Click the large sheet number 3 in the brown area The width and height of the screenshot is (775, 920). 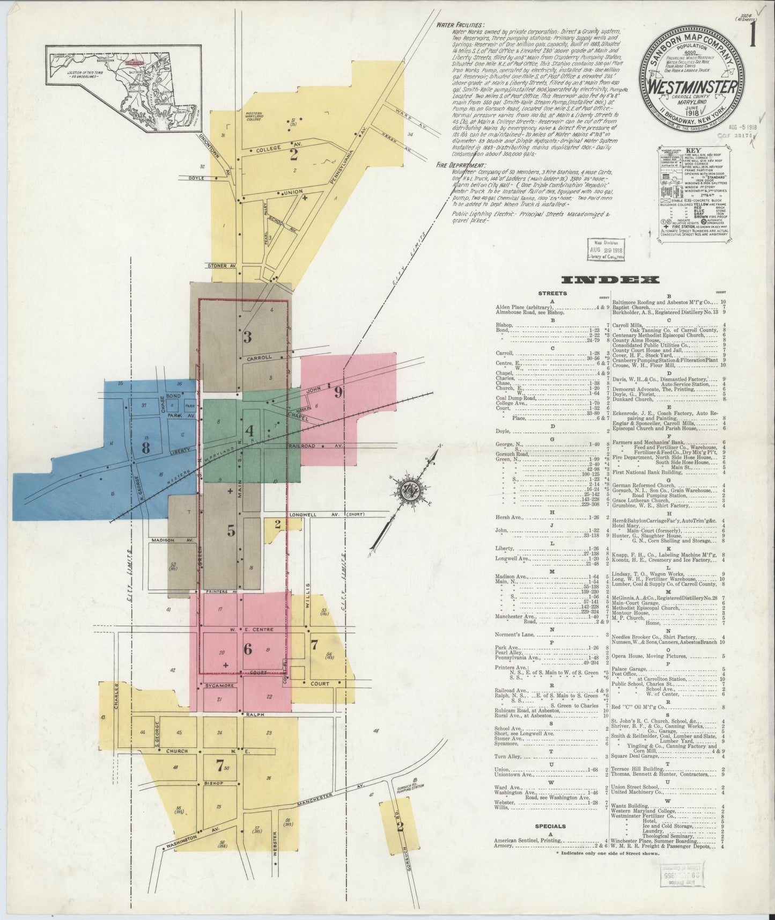pos(247,337)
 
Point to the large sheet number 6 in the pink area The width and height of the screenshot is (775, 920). pos(247,649)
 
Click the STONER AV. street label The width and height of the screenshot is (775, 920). pos(222,265)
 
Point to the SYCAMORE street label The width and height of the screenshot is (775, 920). pos(217,685)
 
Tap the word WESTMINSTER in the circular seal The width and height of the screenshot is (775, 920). pos(693,86)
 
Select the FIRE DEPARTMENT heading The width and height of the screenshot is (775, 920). pos(461,165)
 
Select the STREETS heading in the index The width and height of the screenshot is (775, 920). pos(551,294)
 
